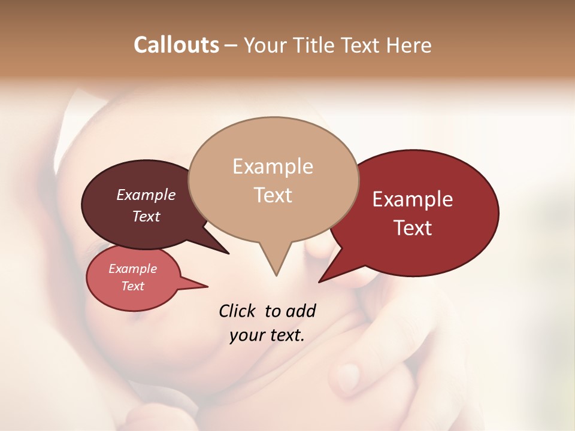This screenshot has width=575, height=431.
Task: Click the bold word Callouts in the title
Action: point(176,45)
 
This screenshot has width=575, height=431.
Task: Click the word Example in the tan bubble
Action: point(273,166)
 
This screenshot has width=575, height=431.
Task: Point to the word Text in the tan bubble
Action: point(273,195)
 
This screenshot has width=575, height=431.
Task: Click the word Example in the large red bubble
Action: point(413,199)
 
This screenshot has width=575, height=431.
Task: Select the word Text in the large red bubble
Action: point(413,228)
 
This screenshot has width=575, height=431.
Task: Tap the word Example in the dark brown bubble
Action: point(146,195)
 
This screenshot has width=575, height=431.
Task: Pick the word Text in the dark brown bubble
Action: point(146,216)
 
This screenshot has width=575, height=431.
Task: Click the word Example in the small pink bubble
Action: point(132,269)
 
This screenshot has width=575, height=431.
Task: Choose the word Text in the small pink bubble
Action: point(132,286)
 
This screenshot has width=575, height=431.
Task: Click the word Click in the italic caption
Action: point(237,311)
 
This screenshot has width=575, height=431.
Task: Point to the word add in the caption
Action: point(300,311)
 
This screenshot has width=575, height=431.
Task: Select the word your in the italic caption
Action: point(246,335)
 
